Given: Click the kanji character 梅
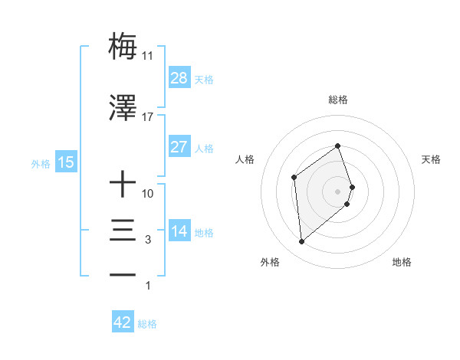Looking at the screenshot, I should tap(123, 45).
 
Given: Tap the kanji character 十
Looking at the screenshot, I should tap(123, 185).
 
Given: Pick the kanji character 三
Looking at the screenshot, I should tap(123, 231).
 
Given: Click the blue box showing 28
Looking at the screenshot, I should tap(179, 78).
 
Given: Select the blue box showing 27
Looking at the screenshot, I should tap(179, 147).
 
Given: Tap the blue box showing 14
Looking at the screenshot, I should tap(179, 231).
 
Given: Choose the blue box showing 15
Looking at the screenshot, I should tap(66, 162).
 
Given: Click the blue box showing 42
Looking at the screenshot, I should tap(123, 322).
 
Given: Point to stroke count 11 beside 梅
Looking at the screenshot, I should tap(148, 56).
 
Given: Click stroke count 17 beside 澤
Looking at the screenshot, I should tap(148, 118).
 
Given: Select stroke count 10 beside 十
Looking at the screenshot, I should tap(148, 195).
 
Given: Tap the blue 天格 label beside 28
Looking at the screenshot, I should tap(204, 79).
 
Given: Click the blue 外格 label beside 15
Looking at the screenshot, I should tap(41, 163).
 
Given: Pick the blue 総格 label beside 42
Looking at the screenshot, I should tap(147, 324).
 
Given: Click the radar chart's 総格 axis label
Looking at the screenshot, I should tap(338, 100).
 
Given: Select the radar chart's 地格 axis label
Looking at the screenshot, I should tap(402, 263).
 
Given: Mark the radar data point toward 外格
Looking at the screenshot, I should tap(302, 242).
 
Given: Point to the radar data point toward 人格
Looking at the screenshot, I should tap(294, 178).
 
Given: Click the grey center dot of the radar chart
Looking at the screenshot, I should tap(338, 191).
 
